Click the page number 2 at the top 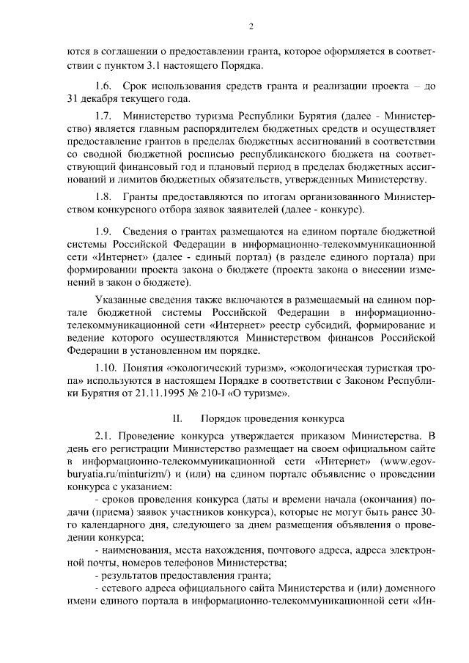point(251,27)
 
